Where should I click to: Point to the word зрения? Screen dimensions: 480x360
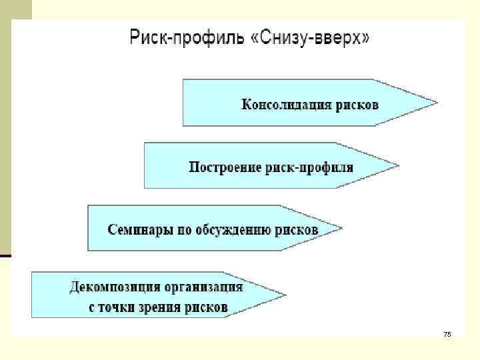click(x=166, y=308)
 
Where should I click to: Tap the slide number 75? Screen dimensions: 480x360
click(x=447, y=333)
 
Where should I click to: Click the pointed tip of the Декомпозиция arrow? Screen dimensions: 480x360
click(x=285, y=295)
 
